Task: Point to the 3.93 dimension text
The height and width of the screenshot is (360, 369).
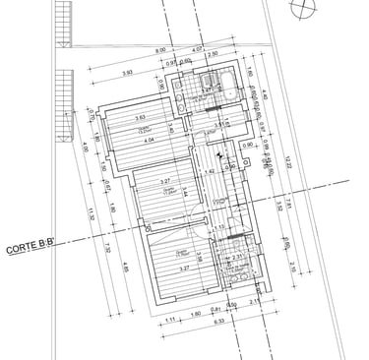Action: coord(126,74)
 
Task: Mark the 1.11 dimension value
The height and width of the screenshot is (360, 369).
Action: coord(170,320)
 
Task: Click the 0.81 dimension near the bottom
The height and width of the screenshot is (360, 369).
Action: coord(215,307)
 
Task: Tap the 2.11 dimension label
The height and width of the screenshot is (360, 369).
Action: coord(254,302)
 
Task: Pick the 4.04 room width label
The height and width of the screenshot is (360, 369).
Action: coord(151,141)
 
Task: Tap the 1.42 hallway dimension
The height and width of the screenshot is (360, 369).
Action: coord(210,172)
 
